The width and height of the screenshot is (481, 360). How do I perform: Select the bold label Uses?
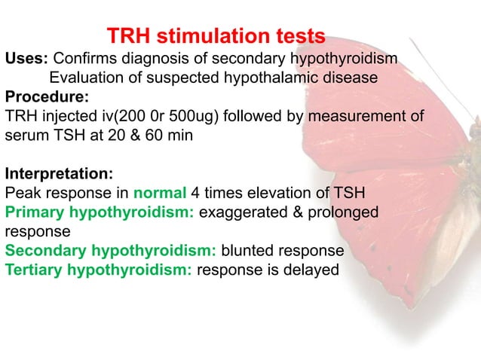[x=27, y=59]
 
